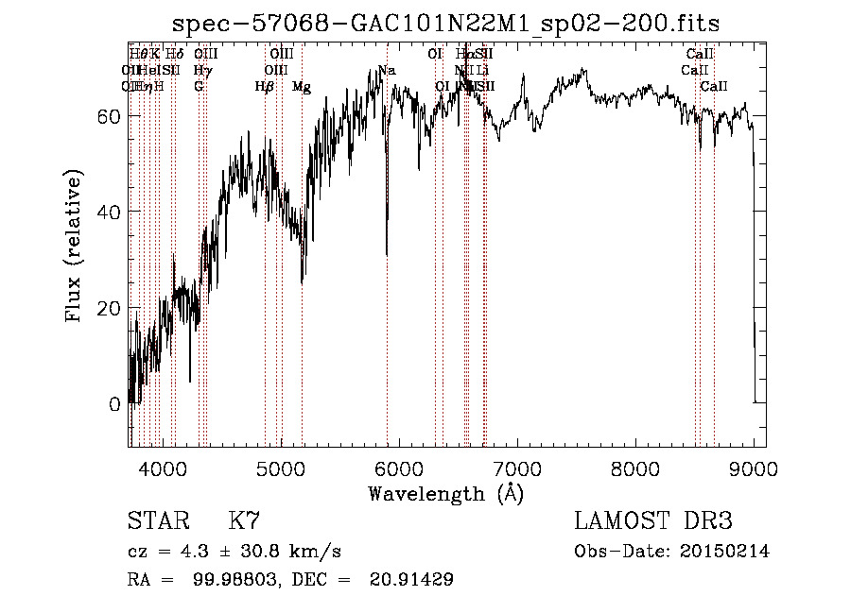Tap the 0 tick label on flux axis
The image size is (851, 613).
tap(114, 404)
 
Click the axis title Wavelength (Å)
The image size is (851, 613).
tap(445, 493)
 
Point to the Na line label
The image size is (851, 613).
tap(387, 70)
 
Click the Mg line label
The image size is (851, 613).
tap(302, 87)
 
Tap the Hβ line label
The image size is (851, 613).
tap(265, 87)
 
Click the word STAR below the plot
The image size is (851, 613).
tap(156, 521)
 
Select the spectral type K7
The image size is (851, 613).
tap(244, 521)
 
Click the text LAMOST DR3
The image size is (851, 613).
tap(652, 521)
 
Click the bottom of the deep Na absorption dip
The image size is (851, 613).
tap(387, 253)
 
